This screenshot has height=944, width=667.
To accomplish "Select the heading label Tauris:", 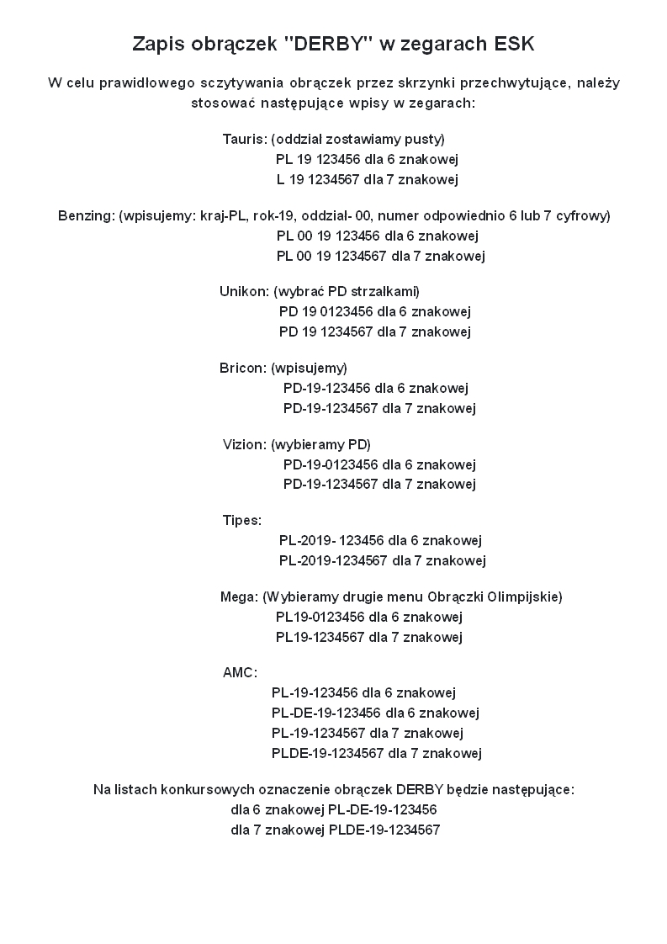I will (x=245, y=139).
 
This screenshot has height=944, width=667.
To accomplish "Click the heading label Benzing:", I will (x=86, y=215).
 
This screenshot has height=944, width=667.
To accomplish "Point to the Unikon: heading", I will (x=245, y=291).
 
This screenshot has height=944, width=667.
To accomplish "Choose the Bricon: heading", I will (x=243, y=368).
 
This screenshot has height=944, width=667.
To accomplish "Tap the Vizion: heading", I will (x=245, y=444).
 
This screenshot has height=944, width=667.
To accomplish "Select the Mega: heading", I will (x=239, y=597).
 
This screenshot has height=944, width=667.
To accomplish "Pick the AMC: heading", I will (x=241, y=673).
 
